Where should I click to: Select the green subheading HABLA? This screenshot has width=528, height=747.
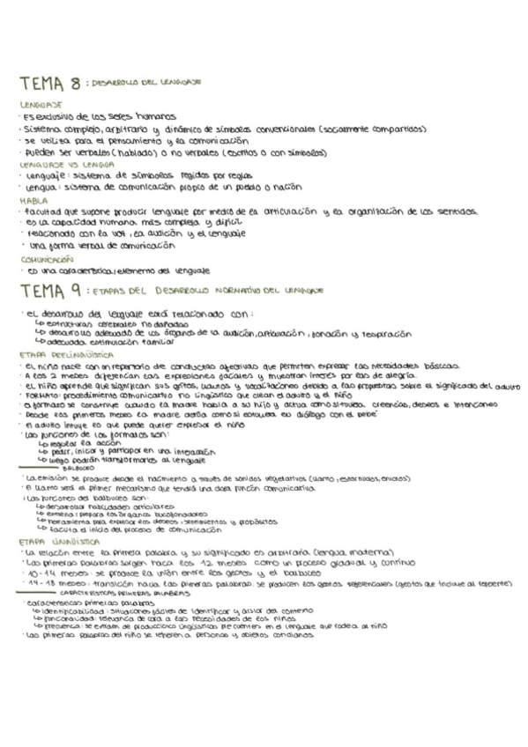click(x=32, y=201)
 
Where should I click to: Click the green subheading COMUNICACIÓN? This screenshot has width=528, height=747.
click(x=46, y=260)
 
